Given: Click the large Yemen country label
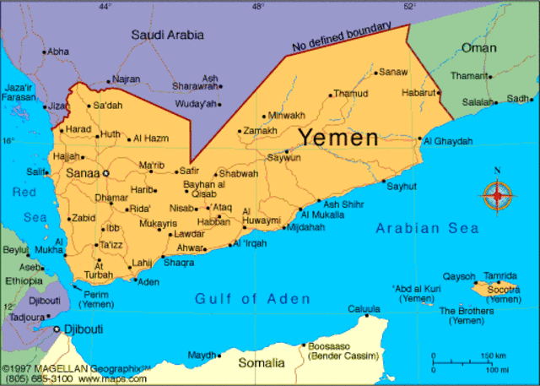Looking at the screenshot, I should tap(338, 137).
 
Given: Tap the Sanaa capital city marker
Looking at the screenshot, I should tap(106, 173).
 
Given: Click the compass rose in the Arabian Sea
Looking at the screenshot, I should tap(497, 196).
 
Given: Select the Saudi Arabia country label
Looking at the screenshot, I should tap(168, 35).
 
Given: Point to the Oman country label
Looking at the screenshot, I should tap(478, 48).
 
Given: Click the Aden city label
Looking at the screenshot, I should tap(148, 281).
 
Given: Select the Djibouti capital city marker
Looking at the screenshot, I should tap(57, 329).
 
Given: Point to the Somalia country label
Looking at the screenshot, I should tap(261, 362).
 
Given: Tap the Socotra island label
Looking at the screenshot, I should tap(504, 289).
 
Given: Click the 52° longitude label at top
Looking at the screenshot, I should tap(409, 7).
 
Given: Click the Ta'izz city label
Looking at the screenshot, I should tap(111, 245).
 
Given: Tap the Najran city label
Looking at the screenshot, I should tap(127, 79).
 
